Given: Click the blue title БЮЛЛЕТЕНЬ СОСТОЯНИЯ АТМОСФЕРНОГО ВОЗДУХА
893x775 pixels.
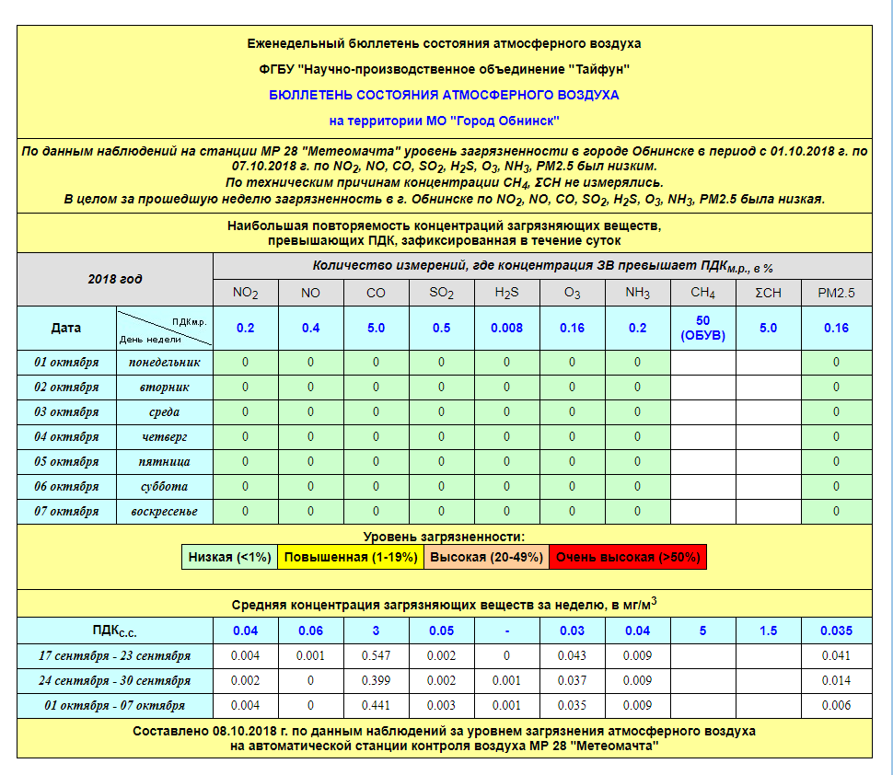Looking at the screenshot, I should [x=444, y=95].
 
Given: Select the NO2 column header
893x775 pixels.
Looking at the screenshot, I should [x=245, y=294].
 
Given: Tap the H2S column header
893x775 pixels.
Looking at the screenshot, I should [x=506, y=294].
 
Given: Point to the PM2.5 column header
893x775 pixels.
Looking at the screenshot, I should [x=836, y=294].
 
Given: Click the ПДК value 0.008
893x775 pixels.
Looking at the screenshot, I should [x=506, y=328].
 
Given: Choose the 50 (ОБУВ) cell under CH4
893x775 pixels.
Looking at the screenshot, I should [x=702, y=328].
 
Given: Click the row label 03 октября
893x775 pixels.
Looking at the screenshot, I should [x=66, y=411].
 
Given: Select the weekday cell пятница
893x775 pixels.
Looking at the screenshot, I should [x=165, y=461].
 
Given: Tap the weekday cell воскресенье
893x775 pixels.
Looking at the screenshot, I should [x=165, y=511].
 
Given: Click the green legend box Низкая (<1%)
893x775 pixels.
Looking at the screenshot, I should [x=229, y=557].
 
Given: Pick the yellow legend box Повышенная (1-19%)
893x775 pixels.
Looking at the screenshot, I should [x=351, y=557].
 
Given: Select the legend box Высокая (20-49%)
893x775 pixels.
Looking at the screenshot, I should [x=486, y=557].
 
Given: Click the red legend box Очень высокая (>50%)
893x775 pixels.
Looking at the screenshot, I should [x=628, y=557].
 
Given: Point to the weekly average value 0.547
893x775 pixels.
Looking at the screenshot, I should [x=376, y=656].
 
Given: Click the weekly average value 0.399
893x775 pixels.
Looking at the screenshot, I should [x=376, y=681].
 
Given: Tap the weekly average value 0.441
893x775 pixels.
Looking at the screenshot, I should [x=376, y=706].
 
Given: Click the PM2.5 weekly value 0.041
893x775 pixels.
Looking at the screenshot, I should [x=836, y=656].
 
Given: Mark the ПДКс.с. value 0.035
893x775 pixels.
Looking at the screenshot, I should [x=836, y=631].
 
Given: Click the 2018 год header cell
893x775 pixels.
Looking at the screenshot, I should [x=115, y=279].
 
